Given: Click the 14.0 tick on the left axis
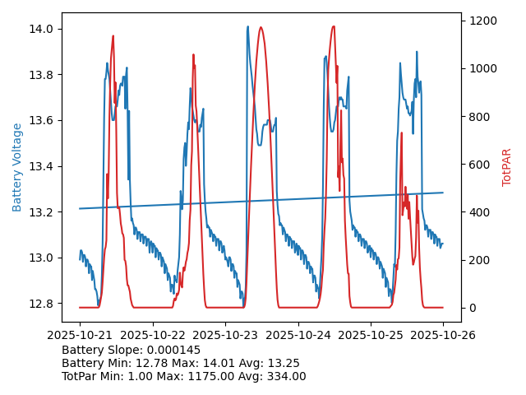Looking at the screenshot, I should click(x=41, y=30).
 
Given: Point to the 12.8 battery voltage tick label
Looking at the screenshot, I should click(x=41, y=304).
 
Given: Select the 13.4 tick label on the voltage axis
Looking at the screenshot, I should click(x=41, y=167).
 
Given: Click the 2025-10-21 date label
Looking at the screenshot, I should click(x=80, y=335).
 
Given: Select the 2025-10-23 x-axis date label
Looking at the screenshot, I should click(x=225, y=335).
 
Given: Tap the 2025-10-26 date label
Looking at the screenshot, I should click(x=443, y=335).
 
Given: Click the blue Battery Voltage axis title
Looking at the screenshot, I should click(x=17, y=167).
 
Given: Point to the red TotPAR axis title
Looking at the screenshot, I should click(x=506, y=167).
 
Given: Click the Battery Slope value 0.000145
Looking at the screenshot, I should click(x=173, y=351).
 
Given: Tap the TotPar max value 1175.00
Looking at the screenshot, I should click(x=204, y=377).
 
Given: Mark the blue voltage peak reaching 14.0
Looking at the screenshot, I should click(x=247, y=27).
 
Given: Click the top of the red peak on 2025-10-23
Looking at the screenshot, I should click(x=261, y=27).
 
